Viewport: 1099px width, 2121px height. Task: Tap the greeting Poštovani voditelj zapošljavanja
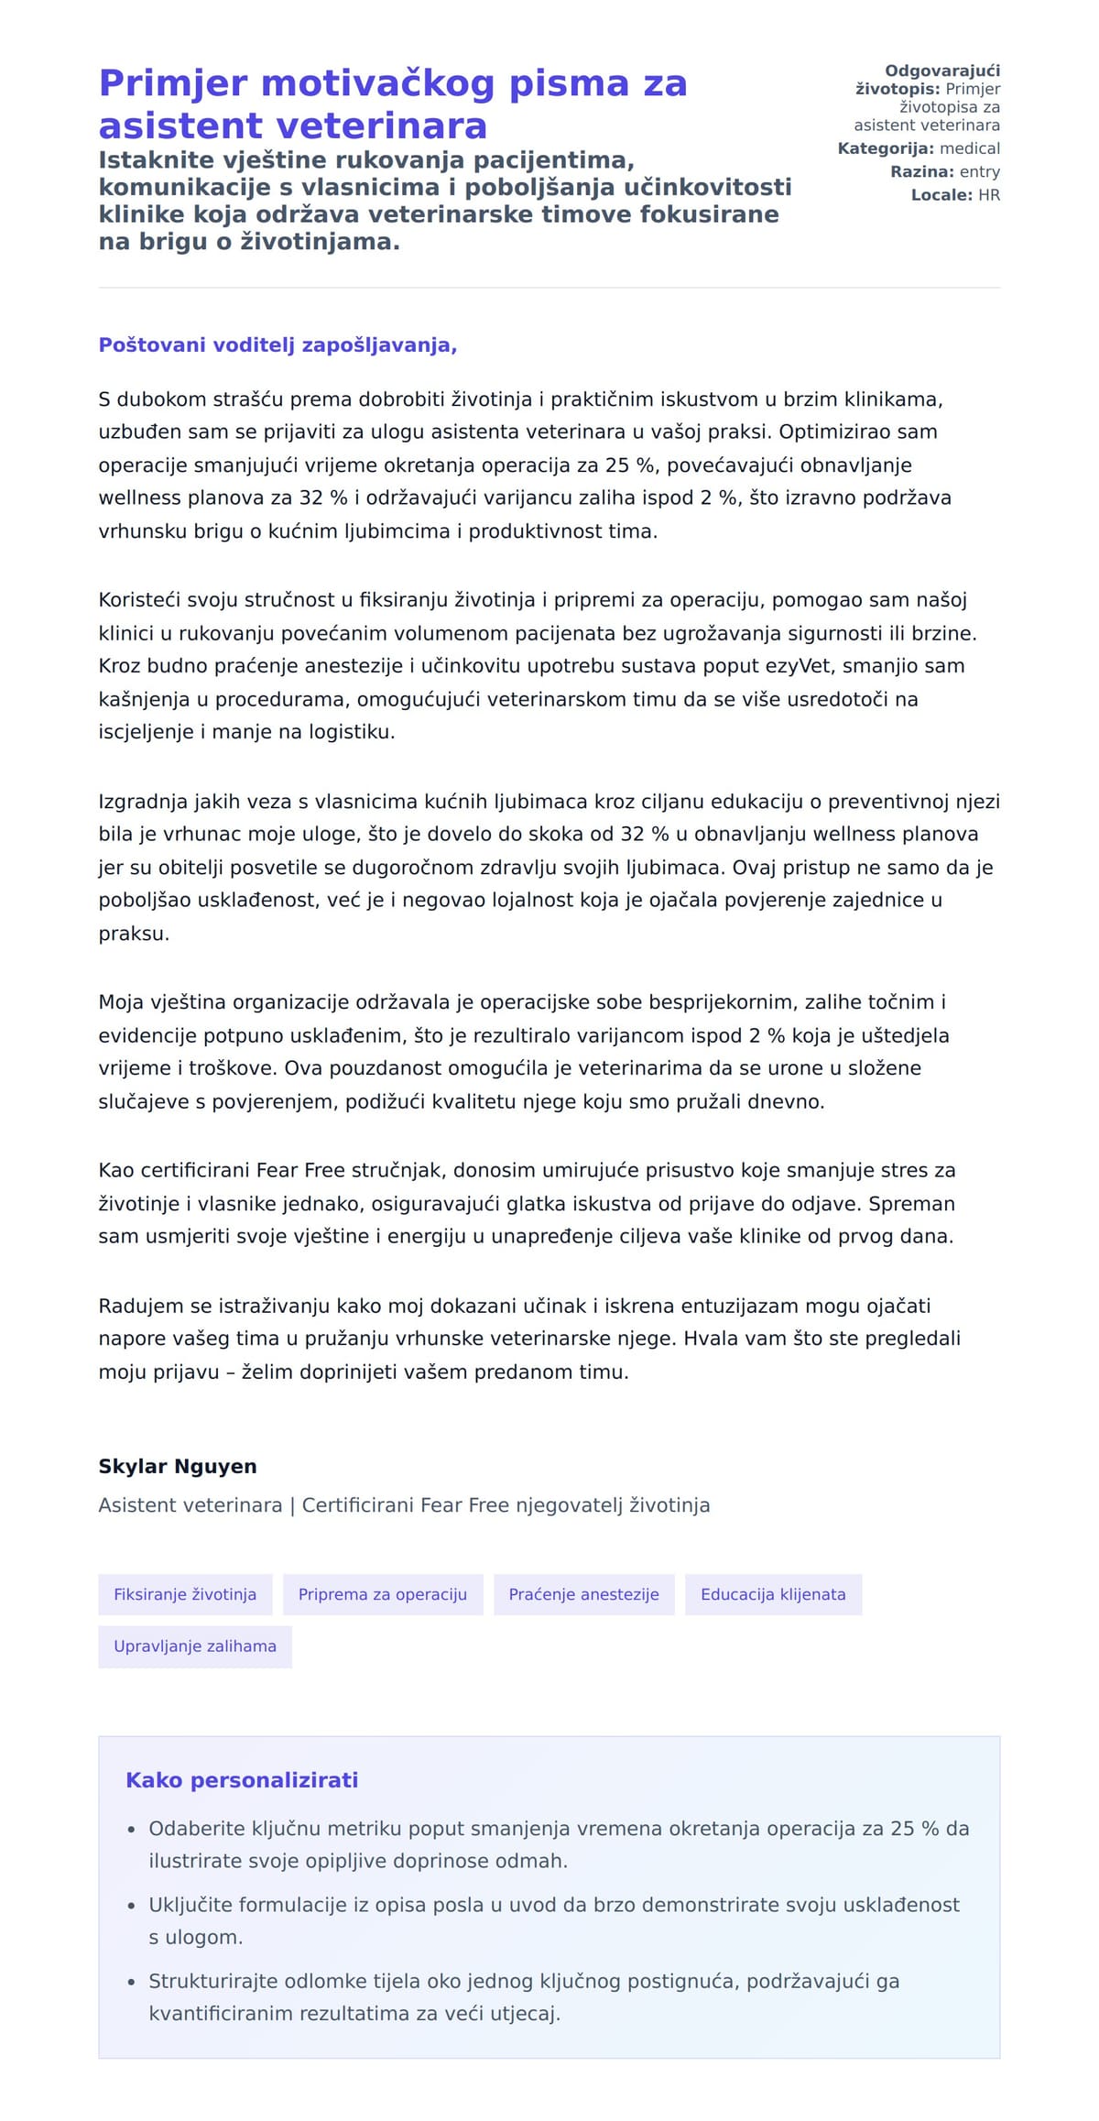click(277, 345)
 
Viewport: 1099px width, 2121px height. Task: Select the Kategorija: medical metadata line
click(919, 148)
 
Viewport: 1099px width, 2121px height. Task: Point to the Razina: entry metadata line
click(944, 171)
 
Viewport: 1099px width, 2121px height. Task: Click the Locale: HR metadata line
click(955, 195)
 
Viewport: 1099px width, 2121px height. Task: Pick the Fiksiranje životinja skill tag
click(185, 1594)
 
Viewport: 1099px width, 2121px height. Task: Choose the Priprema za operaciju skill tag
click(383, 1594)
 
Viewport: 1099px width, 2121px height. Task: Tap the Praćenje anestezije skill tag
click(583, 1594)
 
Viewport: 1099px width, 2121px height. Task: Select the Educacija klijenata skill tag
click(773, 1594)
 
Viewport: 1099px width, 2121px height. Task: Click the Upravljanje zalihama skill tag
click(195, 1646)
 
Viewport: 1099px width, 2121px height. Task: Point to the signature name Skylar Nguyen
click(178, 1466)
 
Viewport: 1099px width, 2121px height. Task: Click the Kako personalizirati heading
click(242, 1780)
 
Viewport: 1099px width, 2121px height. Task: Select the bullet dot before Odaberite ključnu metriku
click(132, 1830)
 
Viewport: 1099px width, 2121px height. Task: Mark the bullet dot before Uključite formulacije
click(132, 1906)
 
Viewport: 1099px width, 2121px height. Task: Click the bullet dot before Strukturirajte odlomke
click(132, 1982)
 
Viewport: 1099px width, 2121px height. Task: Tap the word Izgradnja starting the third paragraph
click(143, 802)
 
